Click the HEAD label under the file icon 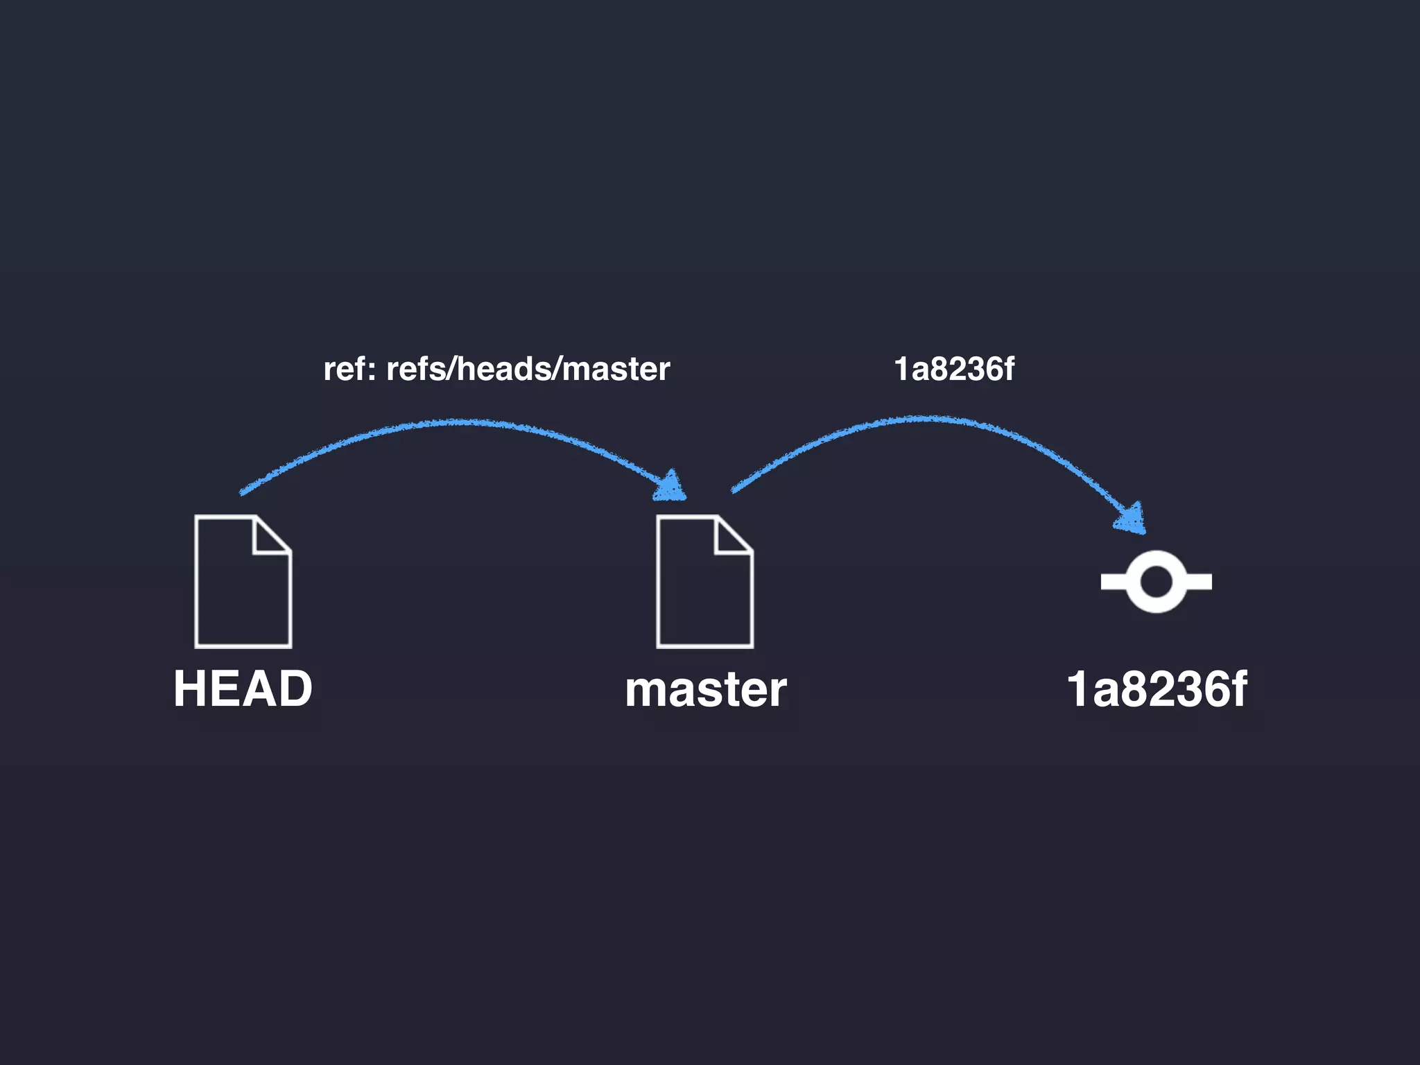pyautogui.click(x=243, y=689)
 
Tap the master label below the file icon pyautogui.click(x=705, y=691)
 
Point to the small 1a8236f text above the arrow pyautogui.click(x=953, y=369)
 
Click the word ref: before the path pyautogui.click(x=350, y=370)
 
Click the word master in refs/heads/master pyautogui.click(x=616, y=370)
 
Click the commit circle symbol pyautogui.click(x=1156, y=581)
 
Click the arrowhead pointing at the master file pyautogui.click(x=670, y=487)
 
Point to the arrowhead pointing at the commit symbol pyautogui.click(x=1131, y=519)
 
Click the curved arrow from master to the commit pyautogui.click(x=922, y=419)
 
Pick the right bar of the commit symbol pyautogui.click(x=1199, y=582)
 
